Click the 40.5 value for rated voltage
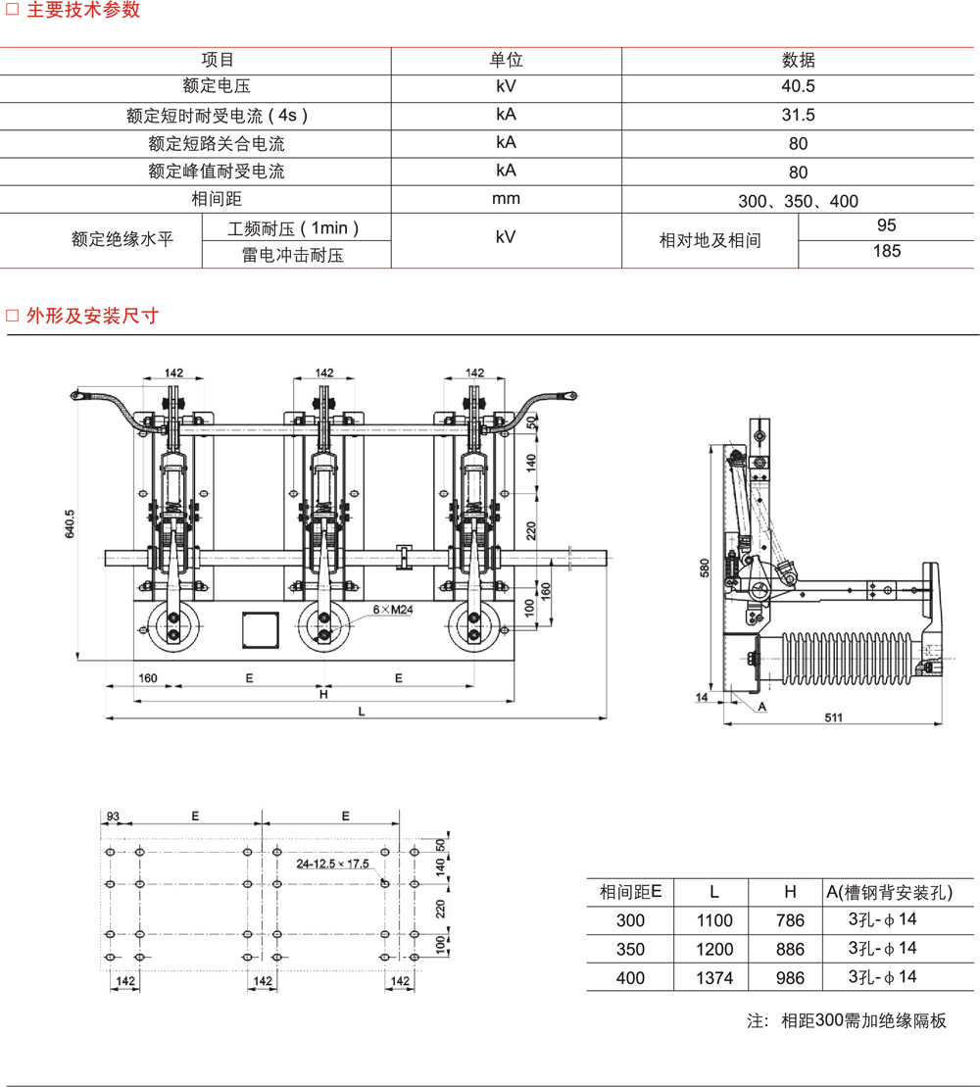click(x=798, y=86)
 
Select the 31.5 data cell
click(x=798, y=115)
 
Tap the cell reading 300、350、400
click(x=798, y=201)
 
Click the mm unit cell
click(x=506, y=199)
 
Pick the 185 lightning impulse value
click(x=886, y=252)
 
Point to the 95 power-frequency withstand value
click(x=886, y=225)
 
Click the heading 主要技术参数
click(x=82, y=11)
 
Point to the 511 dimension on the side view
click(x=833, y=717)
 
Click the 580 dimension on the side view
click(x=705, y=568)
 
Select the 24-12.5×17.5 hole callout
click(x=333, y=864)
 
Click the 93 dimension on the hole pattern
click(x=112, y=815)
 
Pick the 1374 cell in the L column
click(x=714, y=977)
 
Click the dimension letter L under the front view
click(x=362, y=713)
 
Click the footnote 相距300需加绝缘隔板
click(x=863, y=1020)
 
